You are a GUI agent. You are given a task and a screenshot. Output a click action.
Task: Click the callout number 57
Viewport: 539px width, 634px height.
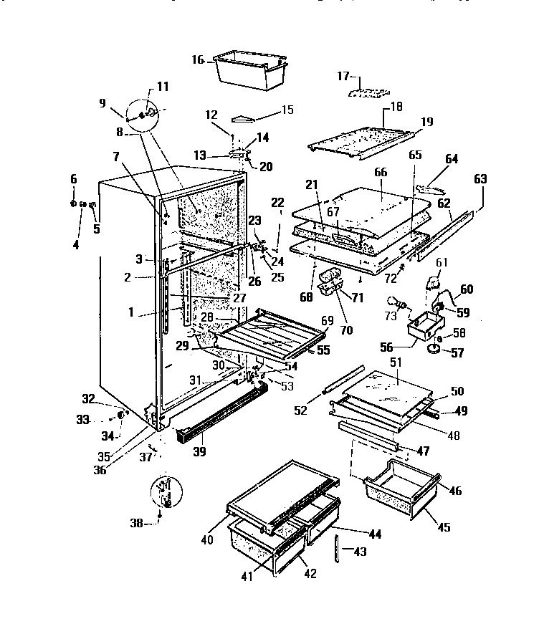point(457,353)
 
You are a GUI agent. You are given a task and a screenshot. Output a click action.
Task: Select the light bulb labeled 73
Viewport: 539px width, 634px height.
point(396,303)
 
